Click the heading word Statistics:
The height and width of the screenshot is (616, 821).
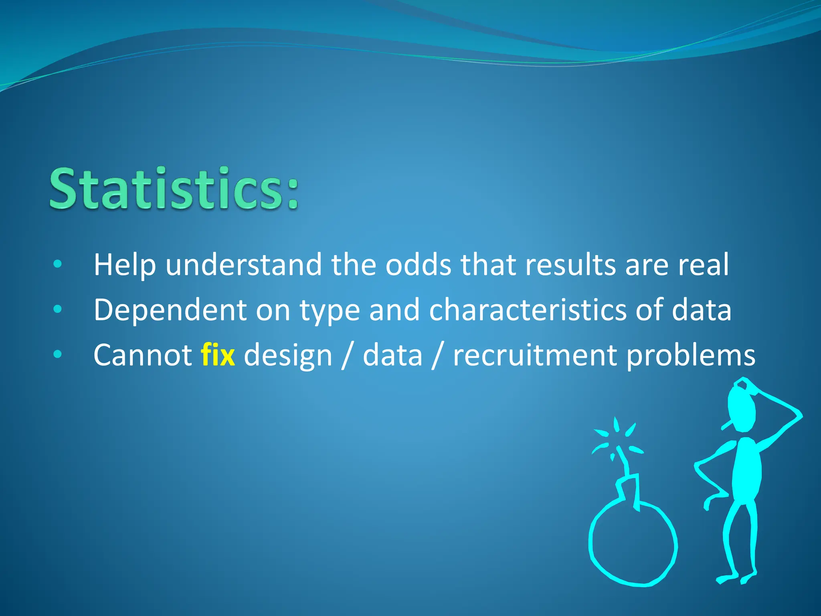coord(174,188)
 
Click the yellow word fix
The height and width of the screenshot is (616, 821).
coord(218,355)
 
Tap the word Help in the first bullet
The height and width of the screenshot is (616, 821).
coord(124,265)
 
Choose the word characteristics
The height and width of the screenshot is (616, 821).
coord(527,310)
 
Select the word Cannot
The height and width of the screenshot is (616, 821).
coord(142,355)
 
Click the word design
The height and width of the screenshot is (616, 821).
coord(288,355)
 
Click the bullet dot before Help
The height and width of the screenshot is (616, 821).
coord(58,264)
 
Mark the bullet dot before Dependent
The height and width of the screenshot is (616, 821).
coord(58,309)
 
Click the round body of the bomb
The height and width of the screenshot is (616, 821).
coord(633,545)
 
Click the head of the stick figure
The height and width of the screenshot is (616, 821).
coord(742,409)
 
